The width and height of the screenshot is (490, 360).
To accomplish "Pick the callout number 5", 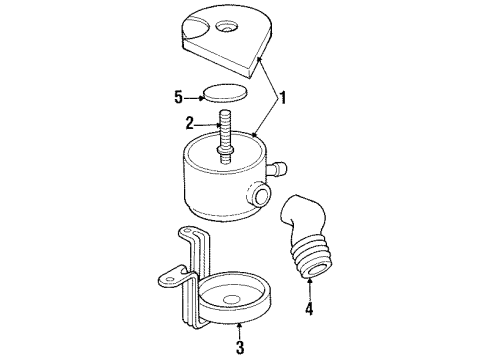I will (x=177, y=98).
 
